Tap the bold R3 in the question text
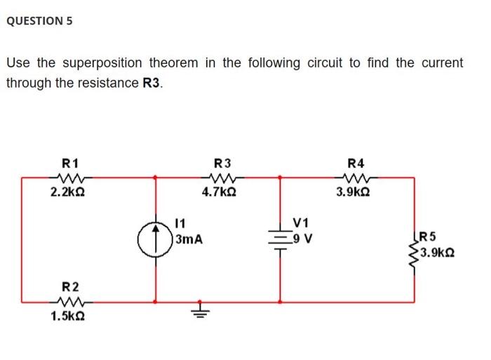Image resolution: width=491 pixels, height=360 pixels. (152, 83)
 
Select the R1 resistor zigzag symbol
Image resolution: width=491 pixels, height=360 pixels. (69, 177)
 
